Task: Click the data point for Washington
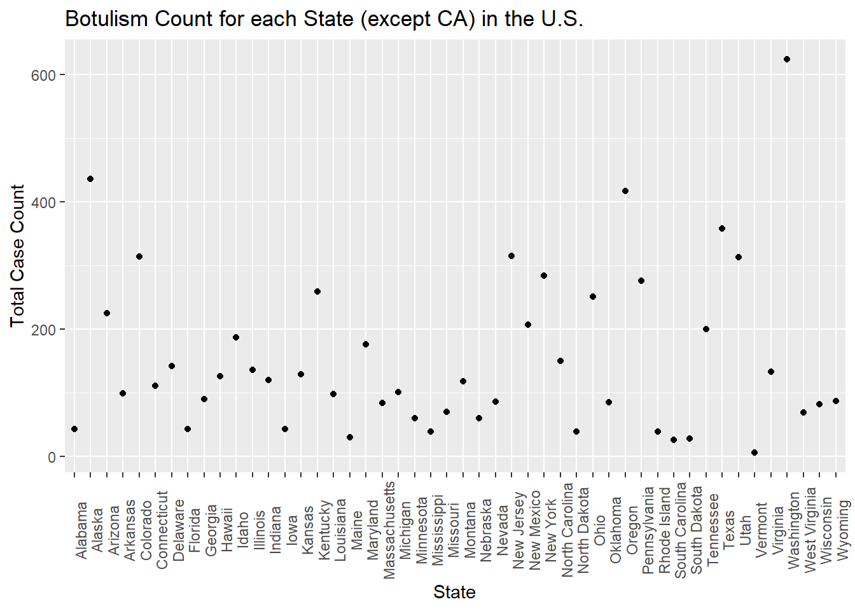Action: [787, 59]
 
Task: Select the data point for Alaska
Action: [90, 179]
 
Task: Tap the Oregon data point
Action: [625, 191]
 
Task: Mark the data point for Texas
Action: [722, 228]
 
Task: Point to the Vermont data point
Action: [754, 453]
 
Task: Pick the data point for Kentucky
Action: [317, 291]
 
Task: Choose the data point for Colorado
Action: [139, 256]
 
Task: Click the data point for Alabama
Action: [74, 429]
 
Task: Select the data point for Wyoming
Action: [836, 401]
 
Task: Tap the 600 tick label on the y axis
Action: [43, 75]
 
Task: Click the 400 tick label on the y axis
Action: [43, 202]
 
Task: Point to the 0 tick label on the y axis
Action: [52, 457]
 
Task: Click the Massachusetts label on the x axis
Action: [389, 530]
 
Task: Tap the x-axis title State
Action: [454, 593]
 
